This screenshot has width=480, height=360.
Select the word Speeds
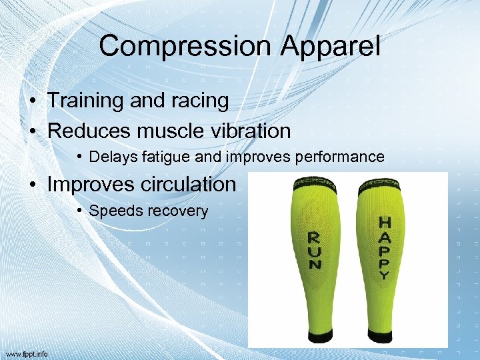click(x=110, y=211)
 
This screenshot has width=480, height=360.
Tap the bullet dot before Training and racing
click(x=32, y=101)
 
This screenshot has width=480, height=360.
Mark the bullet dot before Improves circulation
click(x=32, y=185)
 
